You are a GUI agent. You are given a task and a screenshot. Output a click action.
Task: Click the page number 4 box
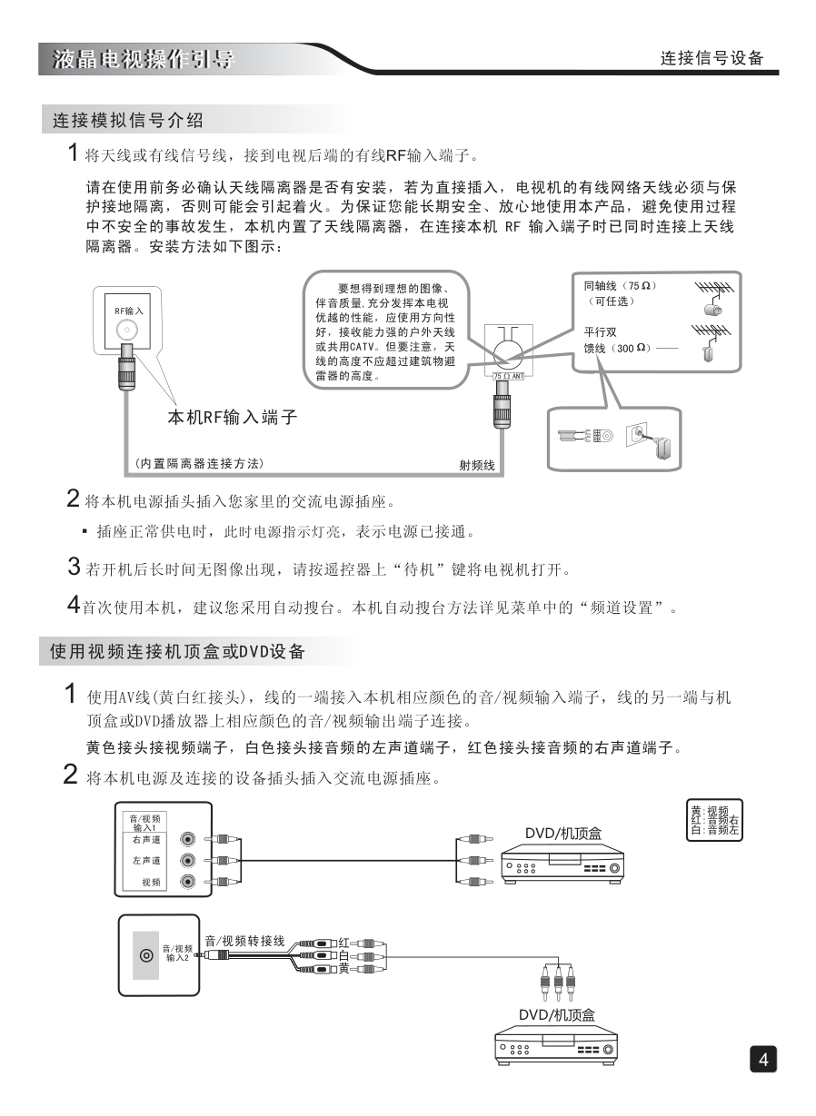[763, 1060]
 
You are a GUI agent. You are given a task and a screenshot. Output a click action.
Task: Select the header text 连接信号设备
[712, 59]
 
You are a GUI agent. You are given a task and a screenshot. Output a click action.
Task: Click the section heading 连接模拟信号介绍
[128, 120]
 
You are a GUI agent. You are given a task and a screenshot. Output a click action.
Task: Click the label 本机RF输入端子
[233, 418]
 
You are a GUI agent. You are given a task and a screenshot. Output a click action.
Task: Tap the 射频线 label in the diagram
[477, 466]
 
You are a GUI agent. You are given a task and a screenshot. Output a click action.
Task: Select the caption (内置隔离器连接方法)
[199, 464]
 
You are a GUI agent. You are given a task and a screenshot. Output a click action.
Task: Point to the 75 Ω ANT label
[508, 374]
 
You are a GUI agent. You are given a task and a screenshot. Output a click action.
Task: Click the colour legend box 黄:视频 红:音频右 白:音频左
[714, 820]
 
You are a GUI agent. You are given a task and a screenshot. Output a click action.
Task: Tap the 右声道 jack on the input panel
[188, 841]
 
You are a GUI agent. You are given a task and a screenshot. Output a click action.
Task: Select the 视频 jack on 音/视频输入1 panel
[188, 882]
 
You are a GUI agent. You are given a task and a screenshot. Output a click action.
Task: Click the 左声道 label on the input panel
[146, 860]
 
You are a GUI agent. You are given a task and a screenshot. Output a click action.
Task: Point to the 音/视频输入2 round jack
[145, 956]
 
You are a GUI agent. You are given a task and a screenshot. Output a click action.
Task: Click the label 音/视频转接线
[244, 941]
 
